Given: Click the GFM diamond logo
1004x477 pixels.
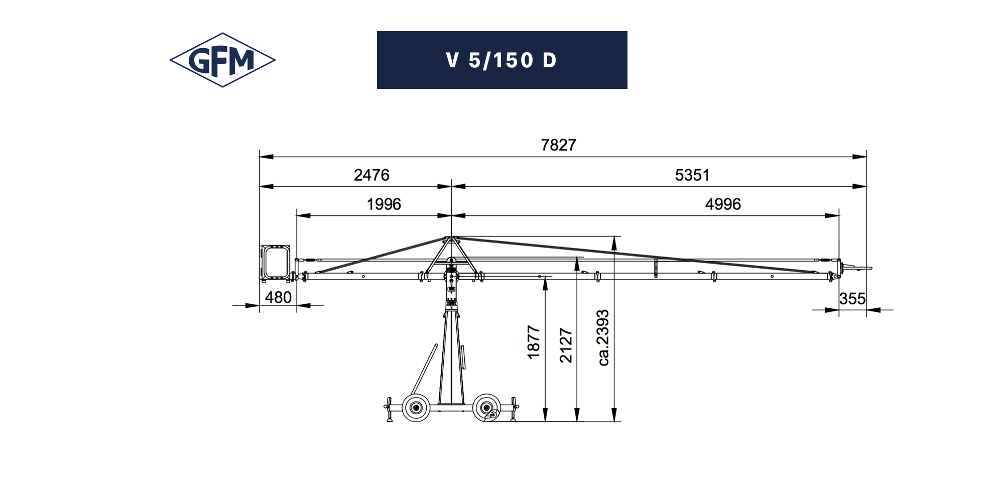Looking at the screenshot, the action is [x=222, y=60].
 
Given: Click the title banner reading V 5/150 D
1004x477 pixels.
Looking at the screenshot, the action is [x=502, y=60].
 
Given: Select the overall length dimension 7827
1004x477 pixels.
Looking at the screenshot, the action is [x=558, y=145].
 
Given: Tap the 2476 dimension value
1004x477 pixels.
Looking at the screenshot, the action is [x=371, y=175].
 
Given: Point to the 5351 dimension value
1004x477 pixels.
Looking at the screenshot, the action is [x=692, y=175].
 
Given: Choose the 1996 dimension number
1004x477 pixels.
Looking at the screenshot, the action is [x=384, y=204].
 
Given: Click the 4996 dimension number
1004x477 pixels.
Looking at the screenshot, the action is [x=723, y=204].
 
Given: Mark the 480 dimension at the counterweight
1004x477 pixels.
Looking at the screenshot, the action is [x=278, y=298].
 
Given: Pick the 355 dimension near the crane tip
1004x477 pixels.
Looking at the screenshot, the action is [x=852, y=299].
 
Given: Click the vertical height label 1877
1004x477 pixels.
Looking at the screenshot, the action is [x=534, y=342].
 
